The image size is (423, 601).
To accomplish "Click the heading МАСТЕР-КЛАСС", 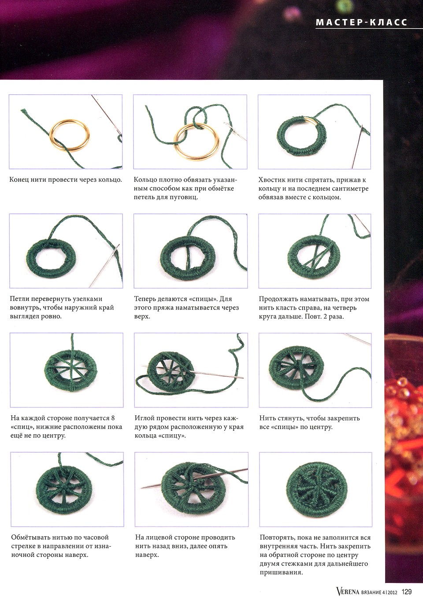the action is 362,22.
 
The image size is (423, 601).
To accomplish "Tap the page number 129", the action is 406,592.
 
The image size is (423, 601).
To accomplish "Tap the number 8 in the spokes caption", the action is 113,418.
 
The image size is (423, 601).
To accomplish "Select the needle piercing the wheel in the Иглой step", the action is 193,372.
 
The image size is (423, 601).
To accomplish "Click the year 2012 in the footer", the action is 392,592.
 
